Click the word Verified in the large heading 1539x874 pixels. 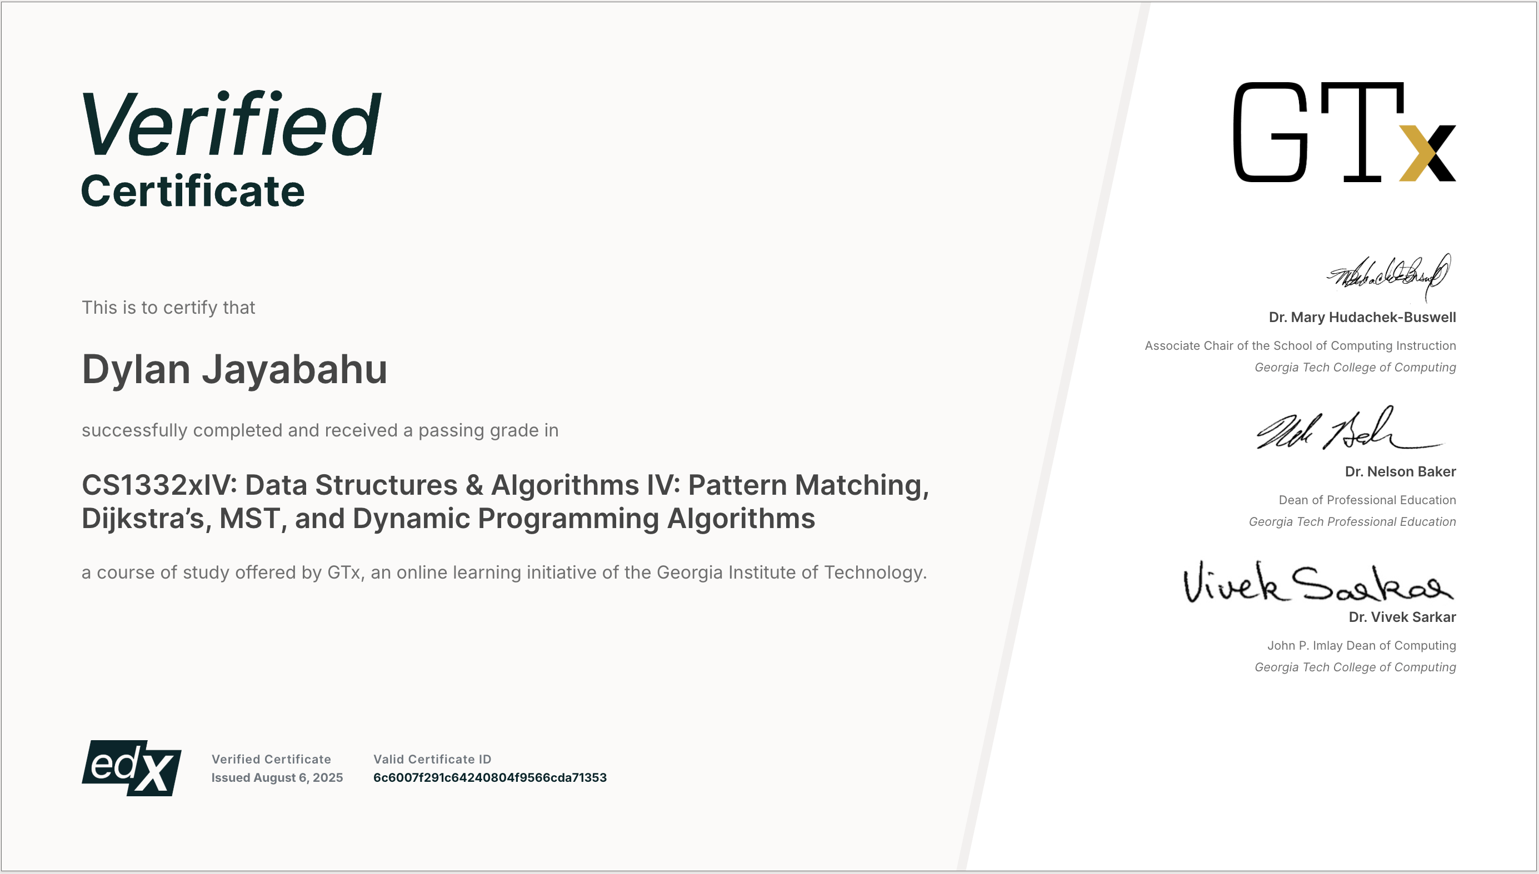231,125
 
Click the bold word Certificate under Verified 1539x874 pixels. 193,192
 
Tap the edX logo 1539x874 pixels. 132,768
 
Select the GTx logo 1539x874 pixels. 1344,132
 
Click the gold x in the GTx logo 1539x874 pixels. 1427,153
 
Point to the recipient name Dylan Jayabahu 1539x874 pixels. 234,369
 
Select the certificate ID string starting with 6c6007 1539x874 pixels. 489,777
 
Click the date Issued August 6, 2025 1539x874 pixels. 277,777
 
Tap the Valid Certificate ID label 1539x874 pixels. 432,760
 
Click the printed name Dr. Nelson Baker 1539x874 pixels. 1400,472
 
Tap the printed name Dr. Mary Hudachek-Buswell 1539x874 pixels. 1362,318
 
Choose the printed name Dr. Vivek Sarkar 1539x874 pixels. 1402,617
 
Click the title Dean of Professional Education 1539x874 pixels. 1367,500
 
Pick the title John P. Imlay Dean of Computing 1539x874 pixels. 1361,645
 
